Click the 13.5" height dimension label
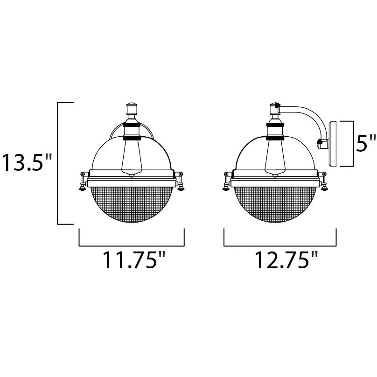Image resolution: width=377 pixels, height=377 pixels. click(27, 162)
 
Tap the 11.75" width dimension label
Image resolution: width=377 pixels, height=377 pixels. click(134, 260)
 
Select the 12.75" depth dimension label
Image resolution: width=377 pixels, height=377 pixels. click(286, 260)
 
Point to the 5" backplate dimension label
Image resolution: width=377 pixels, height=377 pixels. click(366, 143)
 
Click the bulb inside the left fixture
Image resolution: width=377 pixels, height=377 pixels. click(132, 156)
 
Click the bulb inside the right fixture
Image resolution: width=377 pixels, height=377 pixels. click(275, 156)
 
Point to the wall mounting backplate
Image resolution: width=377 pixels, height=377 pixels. click(333, 144)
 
